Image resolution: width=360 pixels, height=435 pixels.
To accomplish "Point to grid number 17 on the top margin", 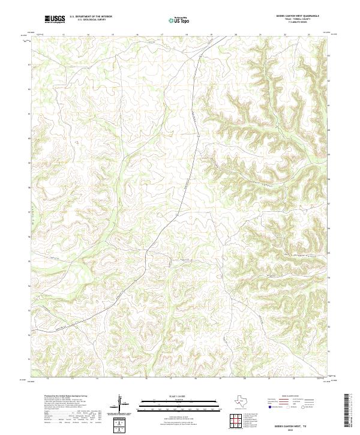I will tap(162, 35).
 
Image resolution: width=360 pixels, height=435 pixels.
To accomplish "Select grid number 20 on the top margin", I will tap(236, 35).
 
